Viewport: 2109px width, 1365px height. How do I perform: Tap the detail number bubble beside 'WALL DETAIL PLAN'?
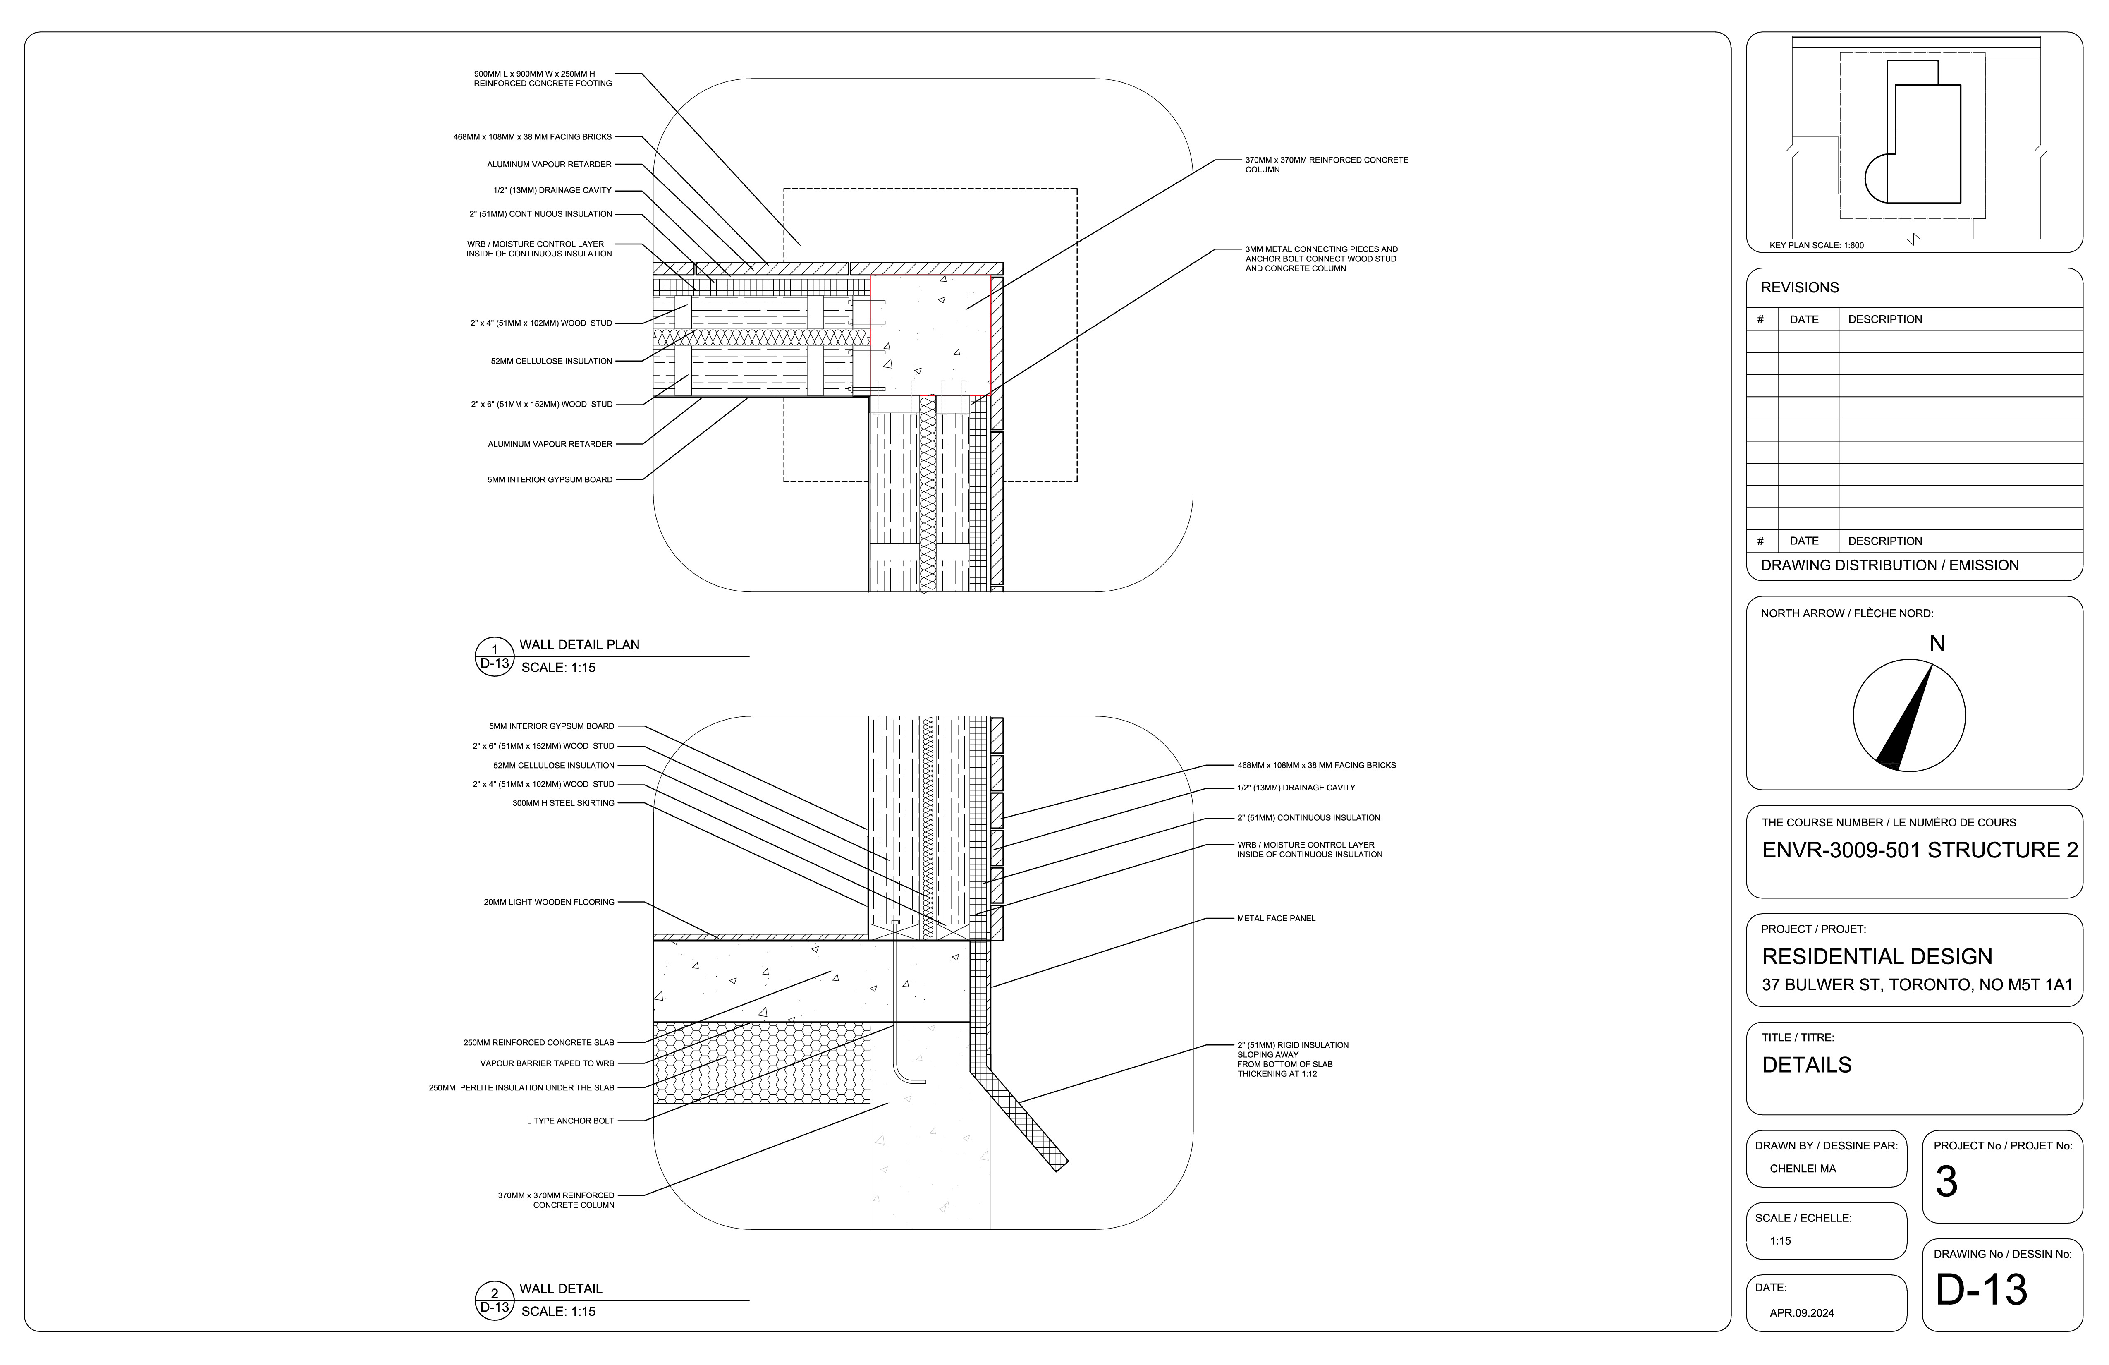[x=495, y=657]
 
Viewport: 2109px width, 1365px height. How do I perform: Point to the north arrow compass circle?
[x=1909, y=715]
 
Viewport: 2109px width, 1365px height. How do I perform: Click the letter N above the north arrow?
[x=1937, y=644]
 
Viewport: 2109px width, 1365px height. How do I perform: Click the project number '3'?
[x=1946, y=1181]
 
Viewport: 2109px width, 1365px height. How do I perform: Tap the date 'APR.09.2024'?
[x=1801, y=1313]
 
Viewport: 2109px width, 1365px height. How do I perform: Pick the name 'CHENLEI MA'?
[x=1803, y=1168]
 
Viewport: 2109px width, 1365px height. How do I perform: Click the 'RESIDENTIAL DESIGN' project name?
[x=1877, y=956]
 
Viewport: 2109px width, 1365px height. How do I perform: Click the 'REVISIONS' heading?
[x=1800, y=287]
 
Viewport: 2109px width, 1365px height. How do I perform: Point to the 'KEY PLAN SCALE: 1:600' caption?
[x=1816, y=246]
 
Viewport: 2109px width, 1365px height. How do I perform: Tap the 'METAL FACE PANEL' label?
[x=1276, y=918]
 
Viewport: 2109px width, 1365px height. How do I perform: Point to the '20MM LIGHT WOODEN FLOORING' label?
[x=548, y=902]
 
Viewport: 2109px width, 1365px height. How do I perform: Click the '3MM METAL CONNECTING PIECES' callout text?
[x=1320, y=259]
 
